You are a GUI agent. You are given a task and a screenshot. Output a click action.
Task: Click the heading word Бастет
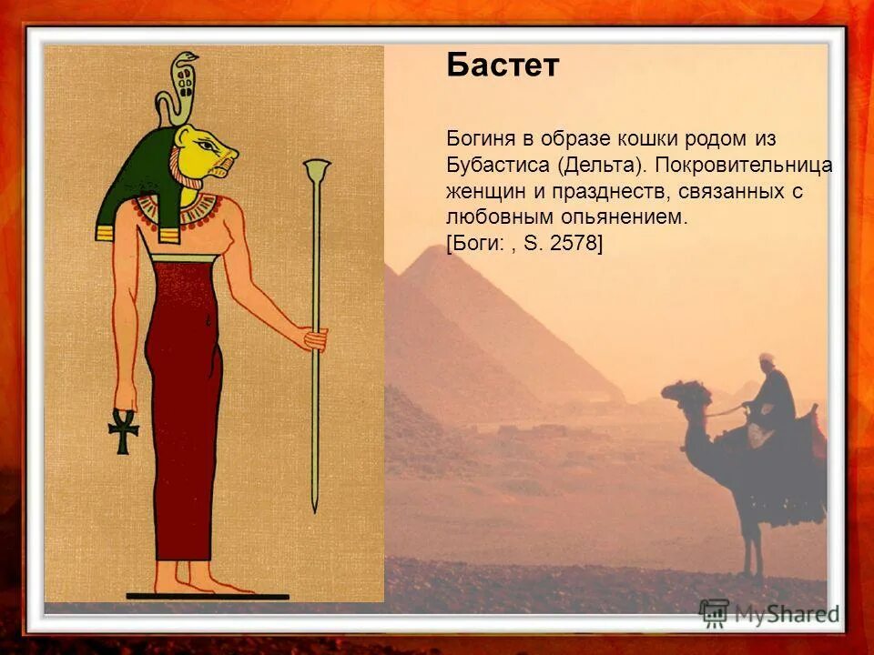tap(502, 65)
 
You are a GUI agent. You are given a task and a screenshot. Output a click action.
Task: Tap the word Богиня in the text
tap(478, 139)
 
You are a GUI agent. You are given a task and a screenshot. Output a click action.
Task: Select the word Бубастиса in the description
tap(497, 166)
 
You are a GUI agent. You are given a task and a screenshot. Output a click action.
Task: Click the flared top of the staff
tap(317, 169)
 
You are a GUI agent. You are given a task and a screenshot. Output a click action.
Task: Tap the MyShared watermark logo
tap(769, 613)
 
